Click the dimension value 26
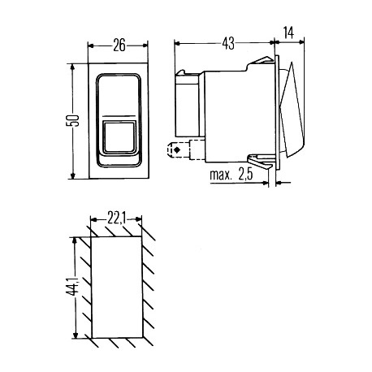coord(119,45)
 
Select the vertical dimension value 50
coord(73,121)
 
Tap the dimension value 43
coord(228,43)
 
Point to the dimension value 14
coord(289,32)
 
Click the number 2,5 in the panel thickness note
coord(245,175)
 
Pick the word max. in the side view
coord(221,175)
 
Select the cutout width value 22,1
coord(116,218)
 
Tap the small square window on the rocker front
coord(119,137)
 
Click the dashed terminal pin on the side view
coord(177,149)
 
